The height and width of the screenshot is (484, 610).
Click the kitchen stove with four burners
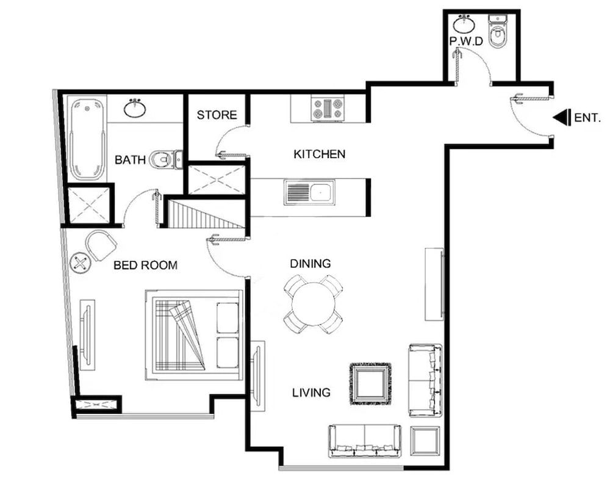point(328,109)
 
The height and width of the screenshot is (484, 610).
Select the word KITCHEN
point(319,154)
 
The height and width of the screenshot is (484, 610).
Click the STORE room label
point(217,115)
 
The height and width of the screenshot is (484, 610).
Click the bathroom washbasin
point(134,109)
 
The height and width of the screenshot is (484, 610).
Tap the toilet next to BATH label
point(165,159)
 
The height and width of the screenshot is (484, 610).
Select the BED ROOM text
point(145,265)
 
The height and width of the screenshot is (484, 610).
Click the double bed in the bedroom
point(194,335)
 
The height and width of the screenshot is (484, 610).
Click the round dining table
point(313,304)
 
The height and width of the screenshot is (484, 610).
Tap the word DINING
point(310,264)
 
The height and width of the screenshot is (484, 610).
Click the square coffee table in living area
point(370,383)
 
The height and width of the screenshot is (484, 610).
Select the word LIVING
point(310,392)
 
